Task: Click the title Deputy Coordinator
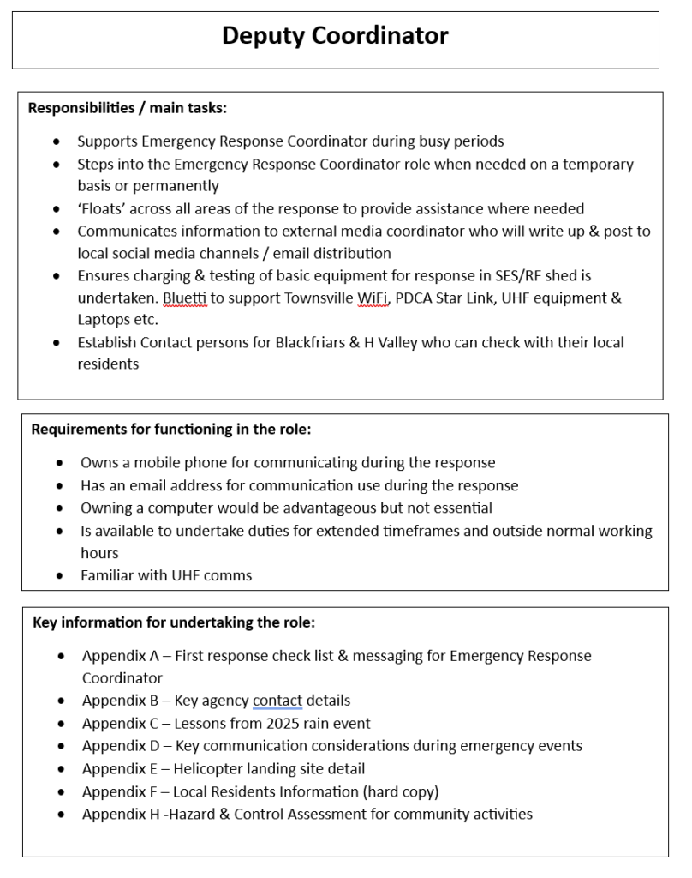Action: click(x=335, y=36)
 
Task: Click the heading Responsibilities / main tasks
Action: click(x=127, y=109)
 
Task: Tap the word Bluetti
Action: click(x=185, y=298)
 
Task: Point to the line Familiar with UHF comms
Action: click(x=166, y=575)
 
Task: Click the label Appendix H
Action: click(x=121, y=814)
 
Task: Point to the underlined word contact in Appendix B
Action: click(x=277, y=701)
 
